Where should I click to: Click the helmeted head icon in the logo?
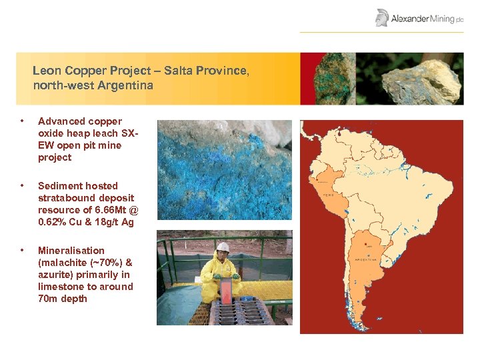point(382,17)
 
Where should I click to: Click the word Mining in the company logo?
point(442,19)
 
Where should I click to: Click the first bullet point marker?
point(23,121)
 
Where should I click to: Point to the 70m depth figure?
point(49,299)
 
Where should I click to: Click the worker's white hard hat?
point(223,247)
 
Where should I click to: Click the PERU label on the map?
point(328,195)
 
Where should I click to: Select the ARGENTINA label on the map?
point(366,259)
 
